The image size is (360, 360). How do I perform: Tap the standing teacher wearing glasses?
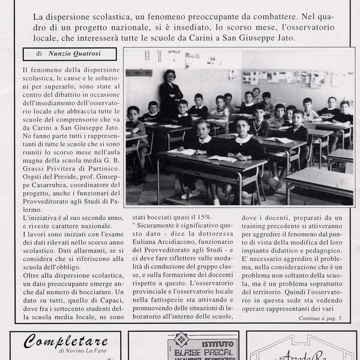point(169,93)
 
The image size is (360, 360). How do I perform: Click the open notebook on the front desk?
point(222,158)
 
